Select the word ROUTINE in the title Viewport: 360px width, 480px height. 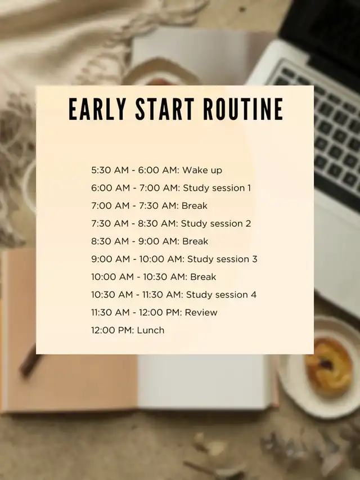coord(244,109)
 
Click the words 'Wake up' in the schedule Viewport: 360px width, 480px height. coord(202,170)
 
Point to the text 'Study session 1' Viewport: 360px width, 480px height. coord(217,188)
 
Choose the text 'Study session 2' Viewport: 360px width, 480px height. coord(216,223)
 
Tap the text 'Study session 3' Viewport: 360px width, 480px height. coord(222,259)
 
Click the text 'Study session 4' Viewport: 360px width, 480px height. coord(221,294)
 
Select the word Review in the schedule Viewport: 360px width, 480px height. coord(201,312)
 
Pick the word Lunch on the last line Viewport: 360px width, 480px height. coord(151,330)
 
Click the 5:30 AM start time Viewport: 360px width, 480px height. coord(110,170)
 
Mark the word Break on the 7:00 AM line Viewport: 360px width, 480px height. coord(195,206)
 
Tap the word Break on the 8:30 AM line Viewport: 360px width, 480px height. coord(195,241)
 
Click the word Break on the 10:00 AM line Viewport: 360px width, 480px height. coord(203,277)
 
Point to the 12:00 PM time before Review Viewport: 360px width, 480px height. coord(160,312)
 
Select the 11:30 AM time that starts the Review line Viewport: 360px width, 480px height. coord(110,312)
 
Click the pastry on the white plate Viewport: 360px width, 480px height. coord(328,367)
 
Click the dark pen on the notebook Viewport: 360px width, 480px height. coord(30,361)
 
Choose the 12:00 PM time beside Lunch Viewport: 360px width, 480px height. coord(112,330)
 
